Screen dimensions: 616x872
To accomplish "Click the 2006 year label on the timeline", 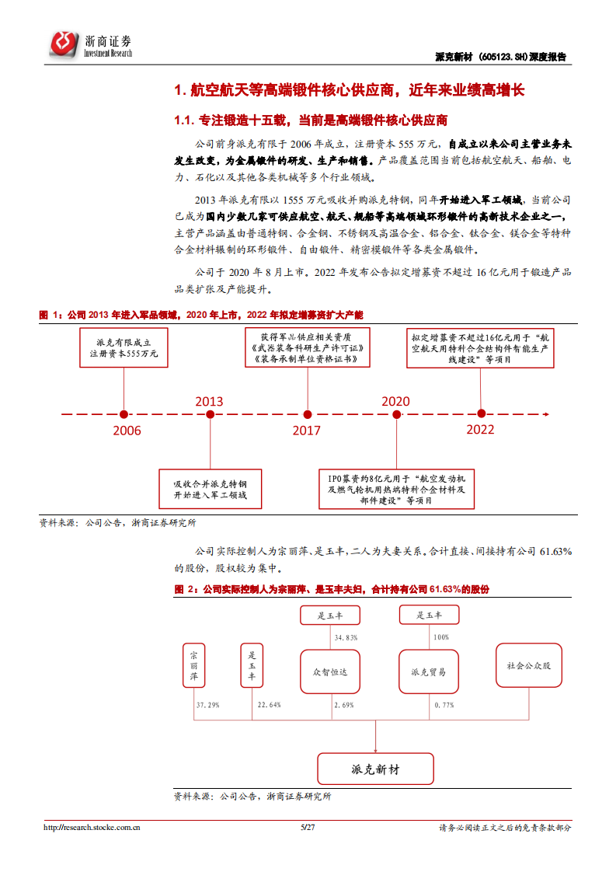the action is pyautogui.click(x=127, y=430).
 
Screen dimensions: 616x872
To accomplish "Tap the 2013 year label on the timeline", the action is pyautogui.click(x=209, y=401).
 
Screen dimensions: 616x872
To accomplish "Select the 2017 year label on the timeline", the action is pyautogui.click(x=306, y=430).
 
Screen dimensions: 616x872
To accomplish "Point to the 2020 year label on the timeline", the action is pyautogui.click(x=395, y=401).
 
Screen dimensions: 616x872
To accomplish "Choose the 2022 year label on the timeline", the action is pyautogui.click(x=481, y=429).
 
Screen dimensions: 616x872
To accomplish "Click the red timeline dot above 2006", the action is pyautogui.click(x=124, y=413).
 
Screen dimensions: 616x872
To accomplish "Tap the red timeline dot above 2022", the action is pyautogui.click(x=482, y=413).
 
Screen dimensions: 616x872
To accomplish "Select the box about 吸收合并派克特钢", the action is pyautogui.click(x=211, y=489).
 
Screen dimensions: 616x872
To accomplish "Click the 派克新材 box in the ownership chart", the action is pyautogui.click(x=375, y=769).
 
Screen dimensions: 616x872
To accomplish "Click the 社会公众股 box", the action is pyautogui.click(x=529, y=665).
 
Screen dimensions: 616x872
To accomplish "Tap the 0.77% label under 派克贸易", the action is pyautogui.click(x=444, y=705).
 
